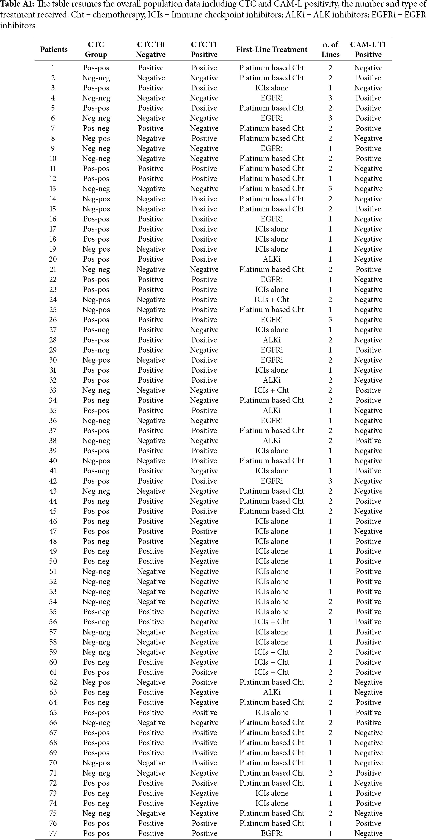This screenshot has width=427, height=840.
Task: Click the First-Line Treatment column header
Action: click(x=272, y=50)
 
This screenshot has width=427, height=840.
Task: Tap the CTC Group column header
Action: click(x=96, y=50)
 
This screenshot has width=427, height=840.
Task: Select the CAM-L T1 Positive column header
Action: click(x=368, y=50)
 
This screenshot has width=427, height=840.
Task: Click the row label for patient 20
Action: click(x=53, y=259)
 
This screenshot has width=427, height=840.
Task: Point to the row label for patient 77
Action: click(x=53, y=833)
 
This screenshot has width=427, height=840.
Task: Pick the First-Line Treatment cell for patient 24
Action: click(x=272, y=299)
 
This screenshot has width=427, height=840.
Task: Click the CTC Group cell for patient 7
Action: click(x=96, y=128)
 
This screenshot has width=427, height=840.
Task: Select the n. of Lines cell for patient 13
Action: click(x=330, y=188)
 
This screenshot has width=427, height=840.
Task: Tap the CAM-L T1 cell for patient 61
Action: click(x=368, y=672)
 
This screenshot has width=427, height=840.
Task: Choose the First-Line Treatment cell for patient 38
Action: click(x=272, y=441)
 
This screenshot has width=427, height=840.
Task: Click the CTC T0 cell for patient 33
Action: click(x=151, y=390)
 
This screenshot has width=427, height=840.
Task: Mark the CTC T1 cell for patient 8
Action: click(x=204, y=138)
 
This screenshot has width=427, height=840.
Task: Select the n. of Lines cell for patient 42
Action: click(x=330, y=481)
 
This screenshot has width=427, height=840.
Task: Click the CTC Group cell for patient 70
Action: click(x=96, y=763)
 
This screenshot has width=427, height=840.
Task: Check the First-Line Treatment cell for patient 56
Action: click(x=272, y=622)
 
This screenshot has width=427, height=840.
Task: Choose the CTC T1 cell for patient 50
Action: click(x=204, y=561)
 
